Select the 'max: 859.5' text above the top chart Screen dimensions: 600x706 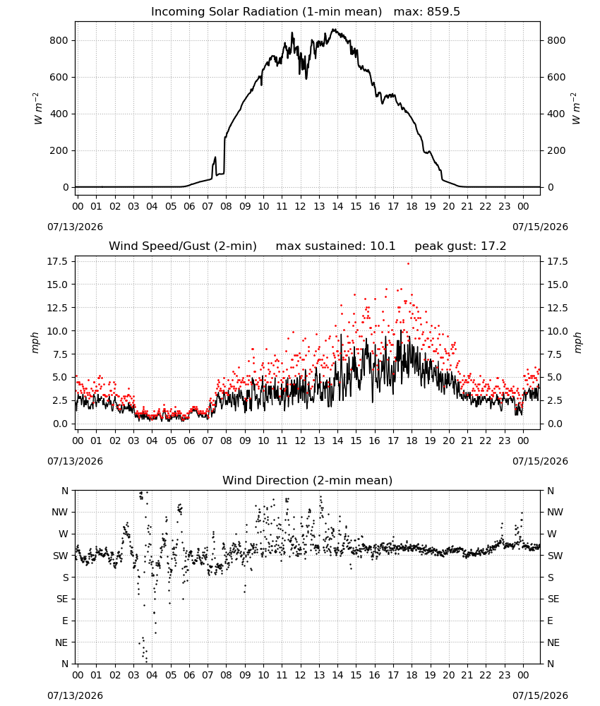pos(427,12)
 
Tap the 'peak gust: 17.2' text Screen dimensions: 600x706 pos(460,246)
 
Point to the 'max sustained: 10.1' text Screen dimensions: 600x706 pos(335,246)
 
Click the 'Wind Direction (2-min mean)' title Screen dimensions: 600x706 pos(308,480)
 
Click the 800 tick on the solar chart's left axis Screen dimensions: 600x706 pos(59,40)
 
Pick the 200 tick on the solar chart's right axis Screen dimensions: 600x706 pos(556,151)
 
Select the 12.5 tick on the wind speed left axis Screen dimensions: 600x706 pos(57,308)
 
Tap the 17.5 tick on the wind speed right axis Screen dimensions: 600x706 pos(557,262)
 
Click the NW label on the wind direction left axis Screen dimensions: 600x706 pos(60,513)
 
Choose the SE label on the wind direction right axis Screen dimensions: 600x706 pos(553,599)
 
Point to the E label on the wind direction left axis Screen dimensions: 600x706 pos(65,621)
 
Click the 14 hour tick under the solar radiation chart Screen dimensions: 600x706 pos(337,207)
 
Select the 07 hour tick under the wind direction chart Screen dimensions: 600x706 pos(208,676)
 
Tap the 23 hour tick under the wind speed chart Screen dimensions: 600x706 pos(505,441)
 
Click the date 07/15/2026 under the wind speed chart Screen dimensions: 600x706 pos(540,461)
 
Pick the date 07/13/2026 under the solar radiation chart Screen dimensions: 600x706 pos(75,227)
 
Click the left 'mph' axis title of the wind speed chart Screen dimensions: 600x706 pos(35,342)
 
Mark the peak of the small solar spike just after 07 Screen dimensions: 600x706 pos(215,157)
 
